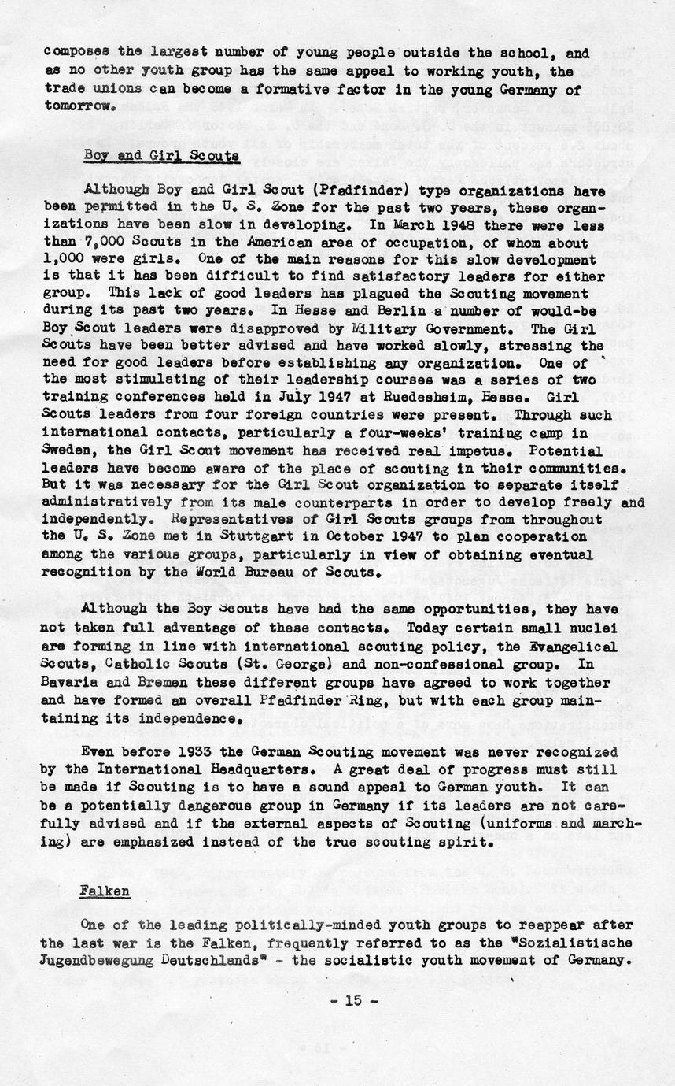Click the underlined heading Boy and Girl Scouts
(x=161, y=155)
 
